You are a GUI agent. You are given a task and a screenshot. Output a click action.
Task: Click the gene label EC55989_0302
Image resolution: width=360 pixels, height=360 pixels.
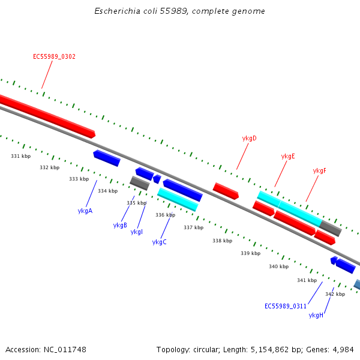54,56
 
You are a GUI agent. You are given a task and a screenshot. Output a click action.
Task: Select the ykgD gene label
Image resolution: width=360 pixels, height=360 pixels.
249,138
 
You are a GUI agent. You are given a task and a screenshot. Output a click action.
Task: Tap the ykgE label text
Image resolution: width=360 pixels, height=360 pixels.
288,156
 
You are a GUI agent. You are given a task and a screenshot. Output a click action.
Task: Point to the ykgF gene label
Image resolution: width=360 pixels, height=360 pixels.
319,170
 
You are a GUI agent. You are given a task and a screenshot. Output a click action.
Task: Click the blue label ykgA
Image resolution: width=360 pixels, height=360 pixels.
85,211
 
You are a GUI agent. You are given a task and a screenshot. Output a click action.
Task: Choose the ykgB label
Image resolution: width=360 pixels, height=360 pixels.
120,225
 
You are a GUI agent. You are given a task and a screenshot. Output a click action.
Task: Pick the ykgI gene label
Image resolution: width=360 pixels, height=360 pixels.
136,232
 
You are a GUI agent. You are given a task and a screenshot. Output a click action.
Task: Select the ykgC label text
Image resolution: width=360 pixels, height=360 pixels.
159,242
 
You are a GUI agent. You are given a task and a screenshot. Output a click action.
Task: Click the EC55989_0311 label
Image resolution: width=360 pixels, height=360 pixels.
286,306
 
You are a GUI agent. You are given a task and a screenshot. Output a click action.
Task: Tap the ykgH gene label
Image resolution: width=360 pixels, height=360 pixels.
316,315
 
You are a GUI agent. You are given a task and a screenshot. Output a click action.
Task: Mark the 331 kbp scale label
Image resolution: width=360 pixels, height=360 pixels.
20,156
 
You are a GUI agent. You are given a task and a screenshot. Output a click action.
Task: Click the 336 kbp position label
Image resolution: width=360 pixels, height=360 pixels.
165,215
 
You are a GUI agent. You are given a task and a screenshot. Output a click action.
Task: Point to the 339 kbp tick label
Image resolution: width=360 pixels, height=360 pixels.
250,253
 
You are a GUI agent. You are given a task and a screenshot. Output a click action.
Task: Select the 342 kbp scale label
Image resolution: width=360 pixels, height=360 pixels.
335,294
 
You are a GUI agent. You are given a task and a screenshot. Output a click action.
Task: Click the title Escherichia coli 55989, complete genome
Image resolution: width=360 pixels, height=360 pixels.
179,11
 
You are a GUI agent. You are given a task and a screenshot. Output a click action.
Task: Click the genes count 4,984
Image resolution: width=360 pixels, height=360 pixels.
343,349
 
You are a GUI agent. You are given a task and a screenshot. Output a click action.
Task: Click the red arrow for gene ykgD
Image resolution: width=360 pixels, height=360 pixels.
226,191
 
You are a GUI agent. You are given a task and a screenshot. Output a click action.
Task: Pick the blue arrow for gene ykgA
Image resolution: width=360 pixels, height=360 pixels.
107,158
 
